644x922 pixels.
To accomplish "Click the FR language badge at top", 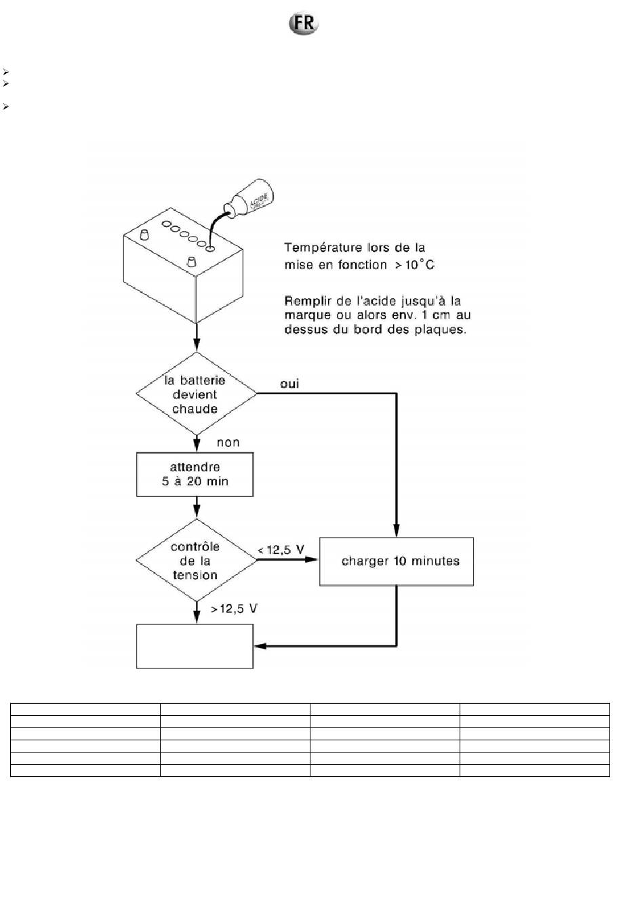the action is (304, 23).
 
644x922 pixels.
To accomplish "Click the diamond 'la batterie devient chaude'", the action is (197, 393).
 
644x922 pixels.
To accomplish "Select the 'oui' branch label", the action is (289, 384).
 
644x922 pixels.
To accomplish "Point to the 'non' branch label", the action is (228, 443).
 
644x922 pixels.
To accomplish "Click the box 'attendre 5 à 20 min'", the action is (195, 475).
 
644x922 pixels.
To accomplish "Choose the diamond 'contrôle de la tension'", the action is (197, 560).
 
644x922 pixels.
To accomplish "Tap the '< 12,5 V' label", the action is (281, 550).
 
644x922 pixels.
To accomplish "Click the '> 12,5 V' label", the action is (234, 608).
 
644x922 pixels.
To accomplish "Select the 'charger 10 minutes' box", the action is (397, 561).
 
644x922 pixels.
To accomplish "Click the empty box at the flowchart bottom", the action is (195, 646).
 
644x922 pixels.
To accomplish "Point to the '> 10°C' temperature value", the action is (415, 264).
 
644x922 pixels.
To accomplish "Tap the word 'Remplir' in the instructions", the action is (308, 301).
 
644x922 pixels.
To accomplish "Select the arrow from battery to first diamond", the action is (197, 337).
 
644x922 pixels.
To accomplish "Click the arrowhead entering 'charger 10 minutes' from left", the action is (311, 559).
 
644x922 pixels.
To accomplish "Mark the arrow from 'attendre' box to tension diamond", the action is (197, 507).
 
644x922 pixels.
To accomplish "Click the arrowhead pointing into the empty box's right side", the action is (260, 646).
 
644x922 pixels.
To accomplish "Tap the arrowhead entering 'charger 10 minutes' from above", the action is (397, 530).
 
